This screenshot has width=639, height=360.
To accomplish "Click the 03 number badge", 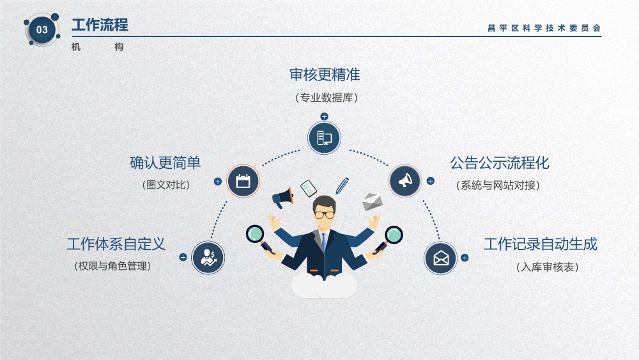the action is tap(42, 30).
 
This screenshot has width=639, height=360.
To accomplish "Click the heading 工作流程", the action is tap(100, 25).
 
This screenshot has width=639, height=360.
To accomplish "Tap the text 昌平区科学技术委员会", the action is tap(544, 28).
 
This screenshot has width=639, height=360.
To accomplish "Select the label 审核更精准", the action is tap(325, 75).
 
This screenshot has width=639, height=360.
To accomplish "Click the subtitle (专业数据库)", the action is tap(327, 97).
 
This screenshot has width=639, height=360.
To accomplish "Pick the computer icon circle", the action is tap(324, 138).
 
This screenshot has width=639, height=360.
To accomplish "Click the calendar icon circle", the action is tap(243, 181).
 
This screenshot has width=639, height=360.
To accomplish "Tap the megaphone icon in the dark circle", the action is tap(404, 180).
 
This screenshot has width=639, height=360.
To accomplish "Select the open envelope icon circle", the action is tap(440, 258).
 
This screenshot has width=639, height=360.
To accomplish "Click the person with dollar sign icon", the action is tap(208, 258).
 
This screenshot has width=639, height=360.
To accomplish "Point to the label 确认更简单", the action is tap(165, 162).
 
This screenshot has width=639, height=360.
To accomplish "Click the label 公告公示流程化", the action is tap(500, 162).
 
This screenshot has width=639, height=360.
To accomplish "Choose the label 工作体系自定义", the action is tap(116, 244).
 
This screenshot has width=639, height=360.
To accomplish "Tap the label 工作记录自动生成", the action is tap(541, 244).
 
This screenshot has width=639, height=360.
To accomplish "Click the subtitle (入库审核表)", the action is tap(548, 267).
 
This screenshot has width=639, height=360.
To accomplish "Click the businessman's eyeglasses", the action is tap(325, 215).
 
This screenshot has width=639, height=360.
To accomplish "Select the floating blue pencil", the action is tap(343, 185).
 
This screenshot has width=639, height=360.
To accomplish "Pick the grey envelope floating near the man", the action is tap(372, 202).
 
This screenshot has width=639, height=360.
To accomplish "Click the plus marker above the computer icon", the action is tap(324, 116).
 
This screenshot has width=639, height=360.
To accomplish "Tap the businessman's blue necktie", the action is tap(323, 241).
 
